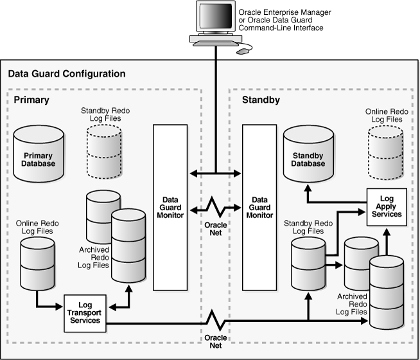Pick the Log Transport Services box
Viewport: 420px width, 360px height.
point(83,313)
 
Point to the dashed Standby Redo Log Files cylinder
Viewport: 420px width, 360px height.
point(103,150)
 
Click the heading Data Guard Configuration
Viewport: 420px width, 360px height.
point(67,74)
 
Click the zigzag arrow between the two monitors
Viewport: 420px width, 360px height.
point(215,208)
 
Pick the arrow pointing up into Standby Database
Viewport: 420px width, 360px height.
point(309,190)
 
